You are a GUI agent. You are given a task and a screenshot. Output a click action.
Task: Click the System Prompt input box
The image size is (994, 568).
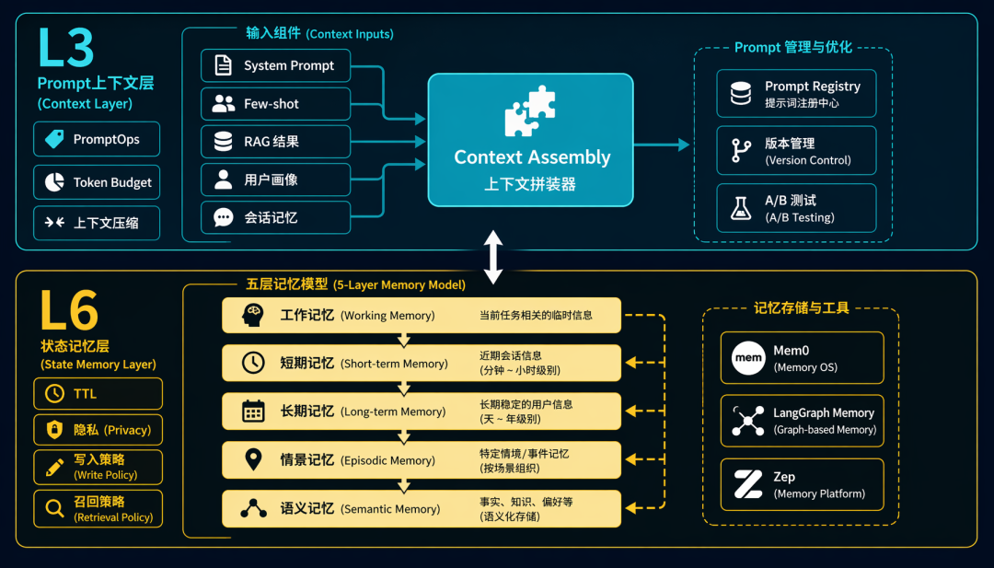coord(276,65)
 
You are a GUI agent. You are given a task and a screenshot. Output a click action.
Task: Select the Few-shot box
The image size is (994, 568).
coord(276,104)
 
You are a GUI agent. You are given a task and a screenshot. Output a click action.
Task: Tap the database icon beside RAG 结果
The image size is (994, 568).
coord(223,142)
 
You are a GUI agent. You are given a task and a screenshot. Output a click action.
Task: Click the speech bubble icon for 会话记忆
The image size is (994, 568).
coord(223,217)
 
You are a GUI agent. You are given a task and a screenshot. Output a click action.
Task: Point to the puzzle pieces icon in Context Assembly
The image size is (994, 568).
coord(530,111)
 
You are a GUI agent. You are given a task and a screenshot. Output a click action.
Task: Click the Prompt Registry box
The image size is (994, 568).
coord(796,94)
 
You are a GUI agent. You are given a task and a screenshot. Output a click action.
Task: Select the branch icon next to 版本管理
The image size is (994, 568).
coord(740,151)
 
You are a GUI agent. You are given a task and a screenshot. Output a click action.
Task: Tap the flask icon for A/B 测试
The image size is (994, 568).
coord(740,208)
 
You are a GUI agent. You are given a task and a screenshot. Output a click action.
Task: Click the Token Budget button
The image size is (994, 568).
coord(97,182)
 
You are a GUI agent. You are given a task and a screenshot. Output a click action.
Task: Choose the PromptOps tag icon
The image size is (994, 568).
coord(54,139)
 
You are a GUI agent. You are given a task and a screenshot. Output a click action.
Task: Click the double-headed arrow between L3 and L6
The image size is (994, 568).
coord(493,257)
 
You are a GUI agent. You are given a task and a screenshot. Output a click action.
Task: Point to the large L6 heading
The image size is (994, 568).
coord(69,310)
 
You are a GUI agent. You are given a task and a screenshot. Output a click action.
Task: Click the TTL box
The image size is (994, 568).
coord(98,394)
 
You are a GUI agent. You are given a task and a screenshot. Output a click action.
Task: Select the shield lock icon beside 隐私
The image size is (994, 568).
coord(54,430)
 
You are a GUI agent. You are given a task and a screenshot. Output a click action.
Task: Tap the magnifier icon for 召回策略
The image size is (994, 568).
coord(54,508)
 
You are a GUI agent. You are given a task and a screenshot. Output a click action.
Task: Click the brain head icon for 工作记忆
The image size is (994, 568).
coord(253,315)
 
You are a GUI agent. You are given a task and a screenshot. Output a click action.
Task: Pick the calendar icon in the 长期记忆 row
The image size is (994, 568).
coord(253,412)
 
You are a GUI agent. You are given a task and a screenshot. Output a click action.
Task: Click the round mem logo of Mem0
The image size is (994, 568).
coord(748,357)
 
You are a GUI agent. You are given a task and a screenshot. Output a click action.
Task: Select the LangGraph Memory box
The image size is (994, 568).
coord(802,421)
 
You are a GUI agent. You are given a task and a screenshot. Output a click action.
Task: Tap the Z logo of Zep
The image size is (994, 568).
coord(748,484)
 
